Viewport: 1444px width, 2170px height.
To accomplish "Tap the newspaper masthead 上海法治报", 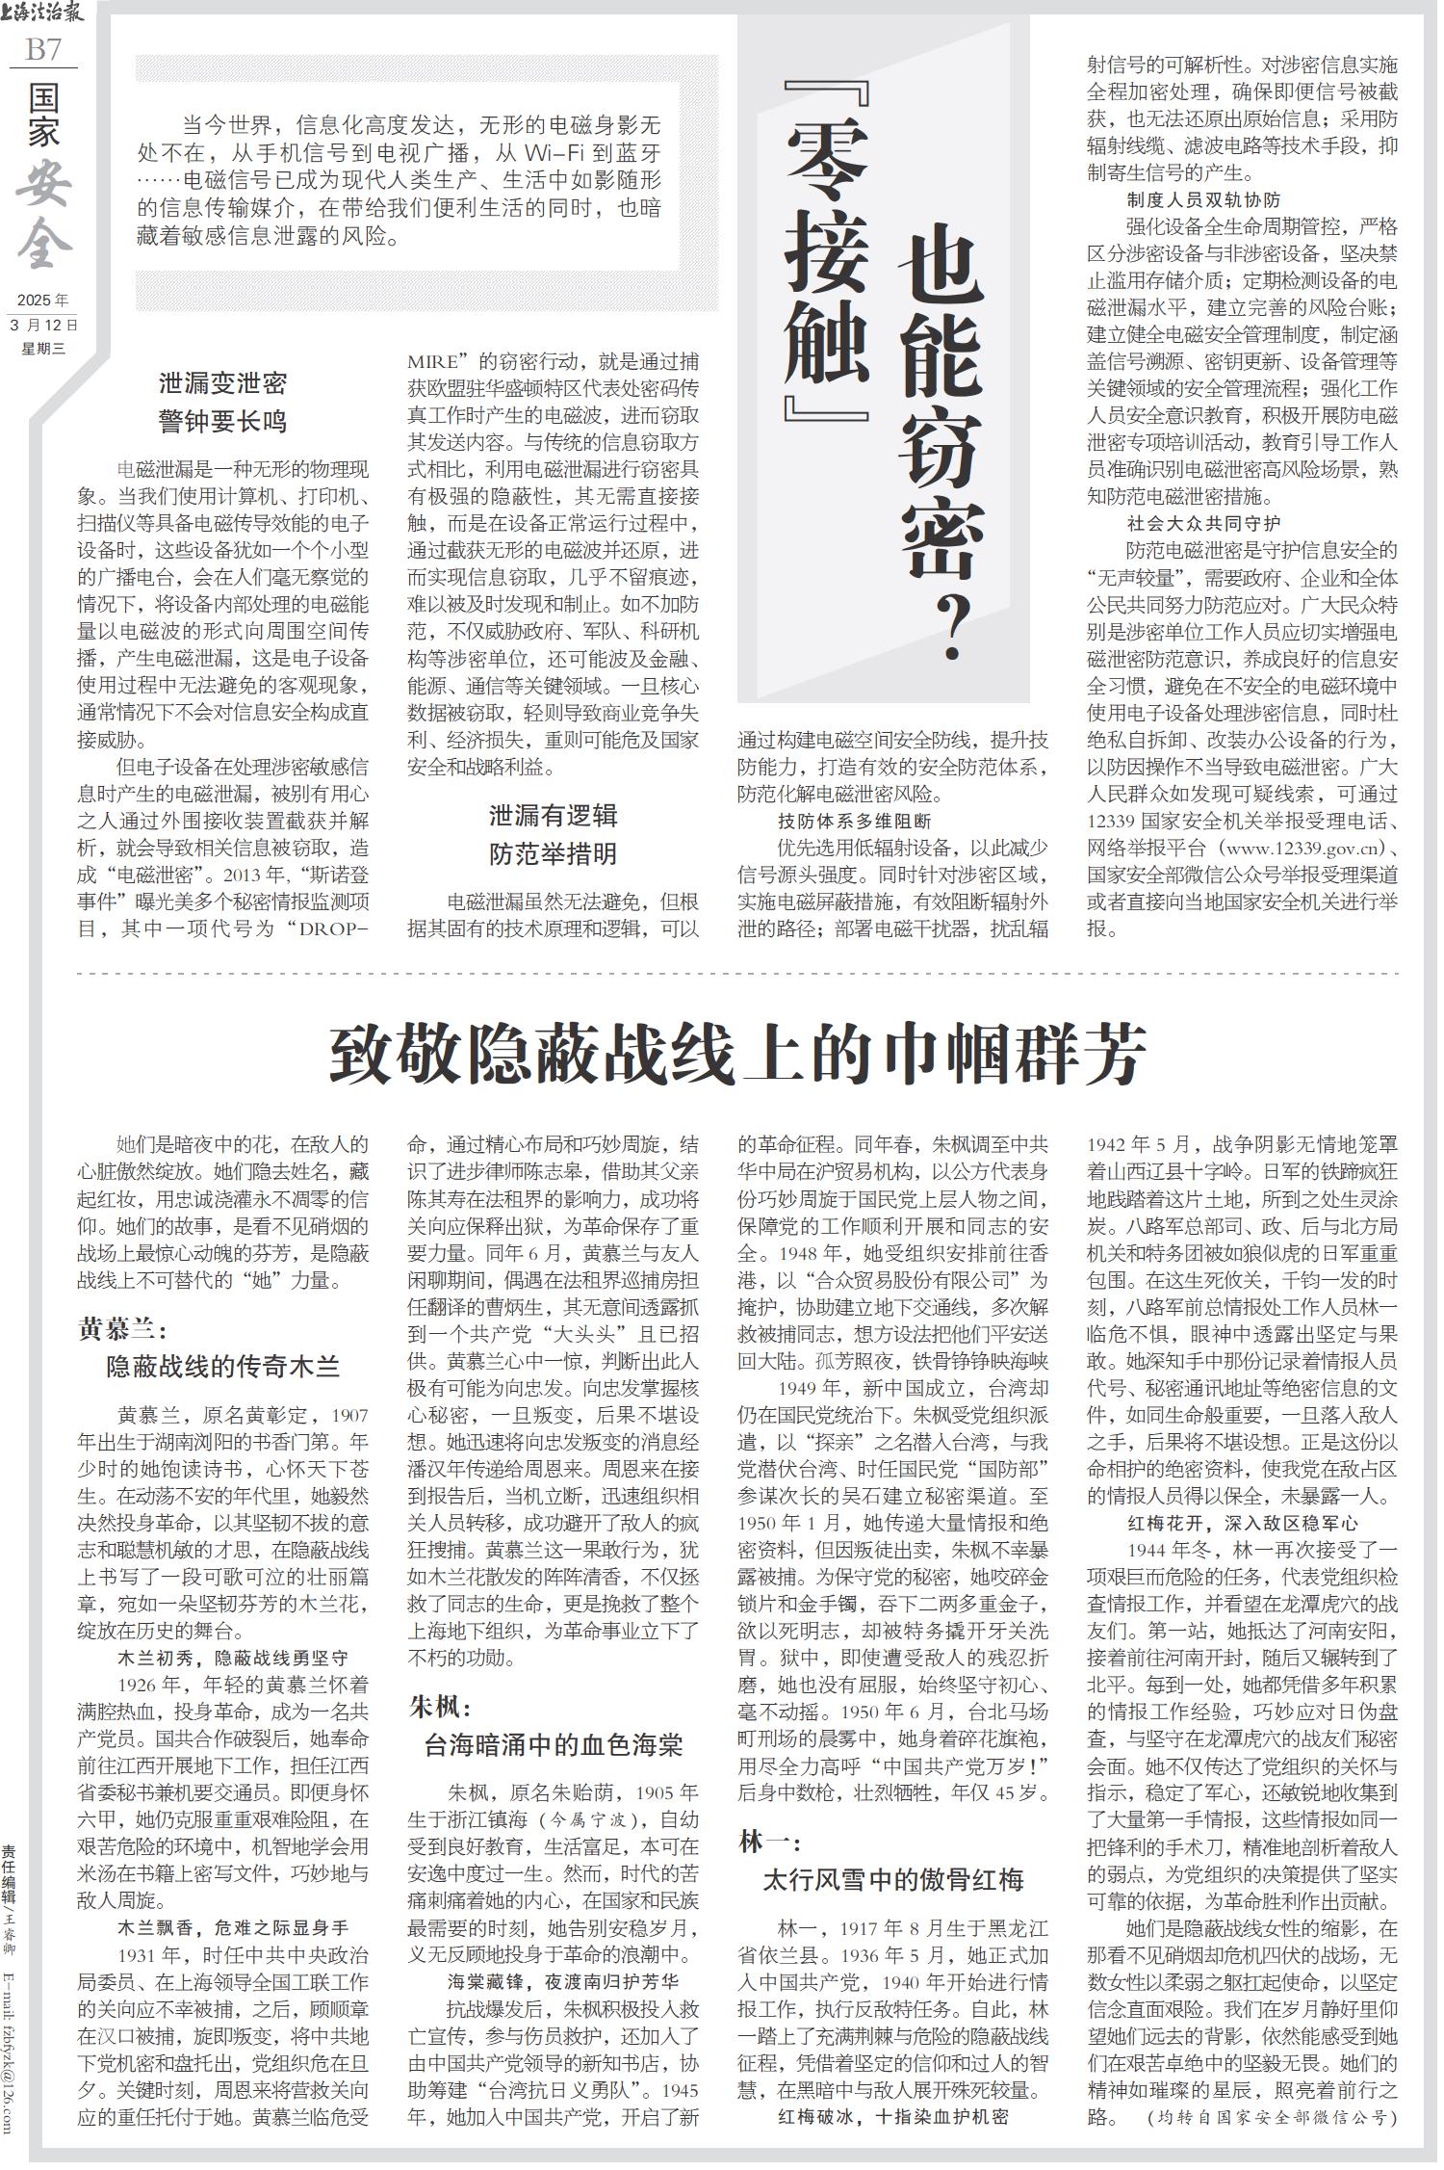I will click(x=43, y=13).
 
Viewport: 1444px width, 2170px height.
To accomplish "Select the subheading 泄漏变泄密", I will click(x=222, y=384).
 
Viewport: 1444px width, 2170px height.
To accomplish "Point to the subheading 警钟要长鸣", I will click(x=222, y=422).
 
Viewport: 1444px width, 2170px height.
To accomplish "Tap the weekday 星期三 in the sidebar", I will click(x=43, y=349).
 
